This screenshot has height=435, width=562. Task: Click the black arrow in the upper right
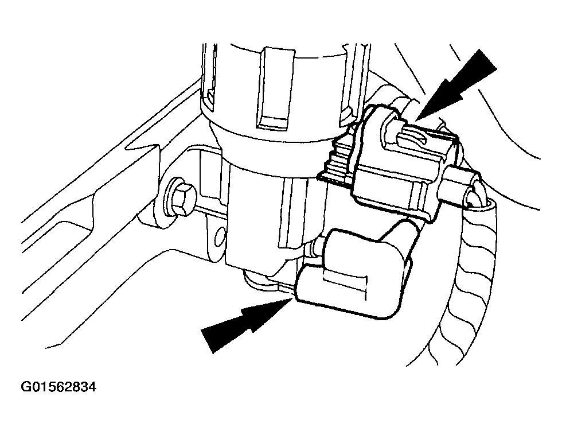[x=455, y=86]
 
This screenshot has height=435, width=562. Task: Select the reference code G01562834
[x=58, y=388]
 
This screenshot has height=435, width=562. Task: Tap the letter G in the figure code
[x=26, y=388]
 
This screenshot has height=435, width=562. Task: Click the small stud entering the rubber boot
[x=317, y=248]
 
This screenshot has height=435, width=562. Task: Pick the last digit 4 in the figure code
[x=92, y=388]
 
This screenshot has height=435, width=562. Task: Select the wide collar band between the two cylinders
[x=276, y=150]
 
